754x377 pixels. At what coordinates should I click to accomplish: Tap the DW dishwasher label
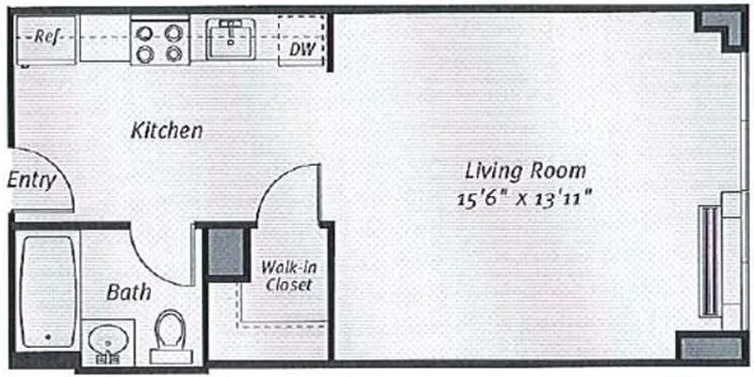[x=302, y=46]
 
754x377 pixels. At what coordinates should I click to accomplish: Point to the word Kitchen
[x=167, y=131]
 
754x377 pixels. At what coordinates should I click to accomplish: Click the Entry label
[x=31, y=181]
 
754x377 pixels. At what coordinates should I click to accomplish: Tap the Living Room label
[x=526, y=172]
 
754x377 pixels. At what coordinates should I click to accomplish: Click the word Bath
[x=128, y=293]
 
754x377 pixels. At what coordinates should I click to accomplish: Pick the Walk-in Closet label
[x=287, y=275]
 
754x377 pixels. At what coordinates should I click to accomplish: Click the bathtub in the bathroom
[x=47, y=292]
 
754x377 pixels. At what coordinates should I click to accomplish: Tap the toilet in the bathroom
[x=171, y=335]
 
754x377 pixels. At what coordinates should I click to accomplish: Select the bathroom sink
[x=104, y=339]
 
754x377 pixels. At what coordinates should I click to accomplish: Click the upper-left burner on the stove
[x=145, y=32]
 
